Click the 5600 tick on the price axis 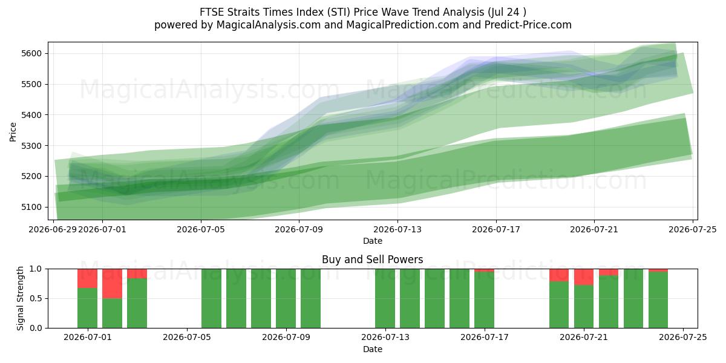(31, 53)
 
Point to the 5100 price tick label (31, 207)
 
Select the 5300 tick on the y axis (31, 146)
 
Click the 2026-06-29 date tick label (53, 230)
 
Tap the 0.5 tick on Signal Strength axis (36, 298)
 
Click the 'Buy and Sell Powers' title (373, 260)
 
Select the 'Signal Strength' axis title (20, 298)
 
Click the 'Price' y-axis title (13, 132)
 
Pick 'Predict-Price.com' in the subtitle (528, 25)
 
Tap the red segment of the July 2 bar (112, 284)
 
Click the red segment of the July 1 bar (88, 278)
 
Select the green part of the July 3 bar (137, 303)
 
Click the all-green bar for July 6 (212, 298)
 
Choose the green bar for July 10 (311, 298)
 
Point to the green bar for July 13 (385, 298)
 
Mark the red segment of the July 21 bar (584, 277)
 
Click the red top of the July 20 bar (559, 275)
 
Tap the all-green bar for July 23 (633, 298)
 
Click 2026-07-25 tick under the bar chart (683, 338)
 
